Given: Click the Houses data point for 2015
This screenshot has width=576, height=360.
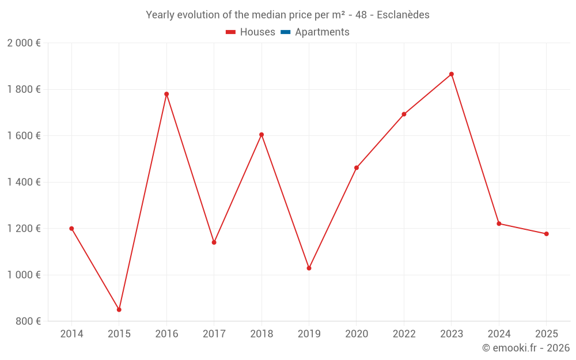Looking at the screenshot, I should coord(119,310).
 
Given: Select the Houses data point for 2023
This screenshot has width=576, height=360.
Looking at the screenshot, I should coord(452,74).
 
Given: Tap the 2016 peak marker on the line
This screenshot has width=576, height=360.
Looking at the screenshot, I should coord(166,94).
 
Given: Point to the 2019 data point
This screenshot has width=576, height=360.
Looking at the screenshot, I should coord(309,268).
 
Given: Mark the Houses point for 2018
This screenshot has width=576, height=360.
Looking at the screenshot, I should coord(262,135).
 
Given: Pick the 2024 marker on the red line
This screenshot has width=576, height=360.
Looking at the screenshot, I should coord(499,223).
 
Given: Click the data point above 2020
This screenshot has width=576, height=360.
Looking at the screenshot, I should coord(357,168).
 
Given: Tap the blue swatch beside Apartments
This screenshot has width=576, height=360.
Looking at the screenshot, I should coord(285,32).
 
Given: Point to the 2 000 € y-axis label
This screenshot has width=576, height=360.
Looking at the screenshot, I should coord(24,43).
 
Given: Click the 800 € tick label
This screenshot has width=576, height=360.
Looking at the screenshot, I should coord(28,321).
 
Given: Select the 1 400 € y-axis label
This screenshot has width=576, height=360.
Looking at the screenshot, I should coord(24,182).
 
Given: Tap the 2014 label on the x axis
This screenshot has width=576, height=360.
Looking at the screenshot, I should coord(71,334).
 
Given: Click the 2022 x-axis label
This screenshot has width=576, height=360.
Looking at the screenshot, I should coord(404,334).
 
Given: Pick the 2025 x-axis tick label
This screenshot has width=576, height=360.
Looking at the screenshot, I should coord(546,334).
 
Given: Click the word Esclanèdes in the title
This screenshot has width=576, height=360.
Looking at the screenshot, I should coord(403,15).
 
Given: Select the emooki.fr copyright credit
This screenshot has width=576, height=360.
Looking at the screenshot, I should coord(526,348).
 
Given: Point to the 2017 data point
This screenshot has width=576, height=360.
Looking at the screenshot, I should coord(214,242).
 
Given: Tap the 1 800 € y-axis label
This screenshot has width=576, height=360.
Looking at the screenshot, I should coord(24,89).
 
